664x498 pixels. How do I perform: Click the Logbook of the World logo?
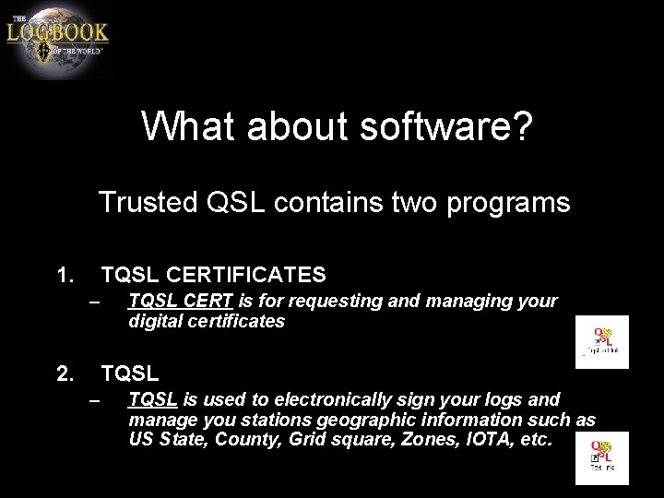[57, 40]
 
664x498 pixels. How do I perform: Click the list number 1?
[64, 275]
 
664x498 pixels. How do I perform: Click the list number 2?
[64, 373]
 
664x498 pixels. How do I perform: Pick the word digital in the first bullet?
[155, 322]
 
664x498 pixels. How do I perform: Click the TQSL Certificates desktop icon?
[602, 340]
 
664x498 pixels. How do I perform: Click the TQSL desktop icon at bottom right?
[602, 456]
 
